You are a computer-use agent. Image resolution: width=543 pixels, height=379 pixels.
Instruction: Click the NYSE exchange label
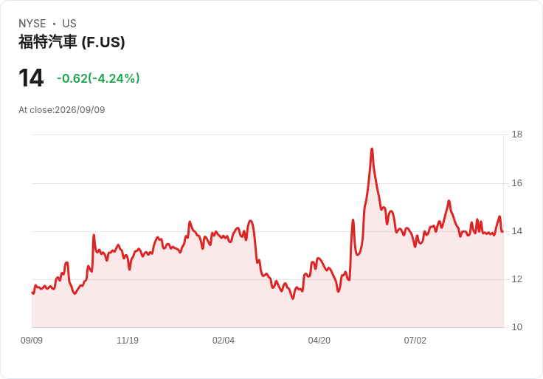tap(32, 24)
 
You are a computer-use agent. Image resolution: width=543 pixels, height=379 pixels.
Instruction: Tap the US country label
tap(69, 24)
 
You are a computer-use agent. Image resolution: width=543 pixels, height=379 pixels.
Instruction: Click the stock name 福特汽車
tap(47, 42)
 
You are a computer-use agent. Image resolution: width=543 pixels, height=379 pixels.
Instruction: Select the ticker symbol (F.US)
tap(103, 42)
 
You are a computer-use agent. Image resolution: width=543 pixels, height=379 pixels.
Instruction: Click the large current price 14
tap(31, 78)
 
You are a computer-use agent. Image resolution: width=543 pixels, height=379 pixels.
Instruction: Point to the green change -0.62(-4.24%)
tap(98, 78)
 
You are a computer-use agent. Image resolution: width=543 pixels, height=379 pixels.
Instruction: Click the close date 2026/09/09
tap(80, 110)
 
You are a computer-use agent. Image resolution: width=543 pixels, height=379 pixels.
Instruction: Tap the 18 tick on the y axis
tap(517, 134)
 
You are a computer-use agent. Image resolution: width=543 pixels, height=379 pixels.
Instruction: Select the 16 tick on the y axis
tap(517, 183)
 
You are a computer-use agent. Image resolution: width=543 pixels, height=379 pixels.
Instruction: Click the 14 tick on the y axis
tap(517, 231)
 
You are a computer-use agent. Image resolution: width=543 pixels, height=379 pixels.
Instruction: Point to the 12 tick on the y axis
tap(517, 279)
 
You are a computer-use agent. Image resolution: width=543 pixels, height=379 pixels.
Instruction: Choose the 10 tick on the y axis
tap(517, 327)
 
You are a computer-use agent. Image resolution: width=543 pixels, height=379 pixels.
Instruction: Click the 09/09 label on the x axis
tap(32, 341)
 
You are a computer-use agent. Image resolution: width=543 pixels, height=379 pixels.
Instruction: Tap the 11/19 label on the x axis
tap(128, 341)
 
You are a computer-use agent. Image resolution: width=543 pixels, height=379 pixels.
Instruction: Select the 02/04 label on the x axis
tap(224, 341)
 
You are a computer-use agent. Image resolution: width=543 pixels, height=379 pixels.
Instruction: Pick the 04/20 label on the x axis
tap(319, 341)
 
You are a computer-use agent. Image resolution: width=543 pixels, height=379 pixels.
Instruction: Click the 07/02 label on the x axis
tap(415, 341)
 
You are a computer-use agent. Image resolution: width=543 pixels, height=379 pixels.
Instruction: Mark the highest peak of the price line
tap(372, 148)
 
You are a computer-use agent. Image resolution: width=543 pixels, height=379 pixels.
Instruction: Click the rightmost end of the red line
tap(502, 232)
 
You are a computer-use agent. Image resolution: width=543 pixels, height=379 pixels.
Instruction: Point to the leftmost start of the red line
tap(32, 293)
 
